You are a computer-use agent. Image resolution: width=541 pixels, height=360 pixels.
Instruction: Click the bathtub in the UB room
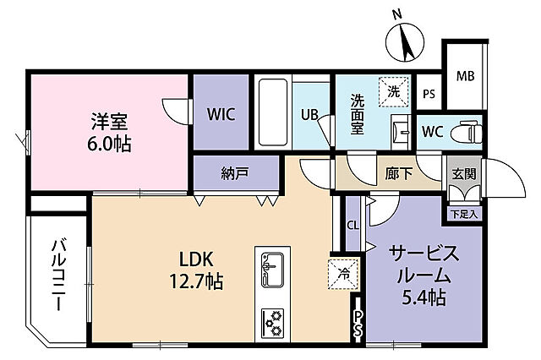[274, 113]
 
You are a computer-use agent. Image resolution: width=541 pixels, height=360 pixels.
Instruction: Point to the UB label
[309, 117]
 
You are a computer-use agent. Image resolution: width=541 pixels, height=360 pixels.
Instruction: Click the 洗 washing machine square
[394, 90]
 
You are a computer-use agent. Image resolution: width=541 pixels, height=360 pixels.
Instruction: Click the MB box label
[465, 77]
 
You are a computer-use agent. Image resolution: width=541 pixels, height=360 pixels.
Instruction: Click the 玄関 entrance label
[463, 175]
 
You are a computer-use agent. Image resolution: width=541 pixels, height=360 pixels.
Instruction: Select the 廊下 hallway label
[398, 175]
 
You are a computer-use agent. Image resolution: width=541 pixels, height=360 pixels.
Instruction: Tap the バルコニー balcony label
[58, 274]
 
